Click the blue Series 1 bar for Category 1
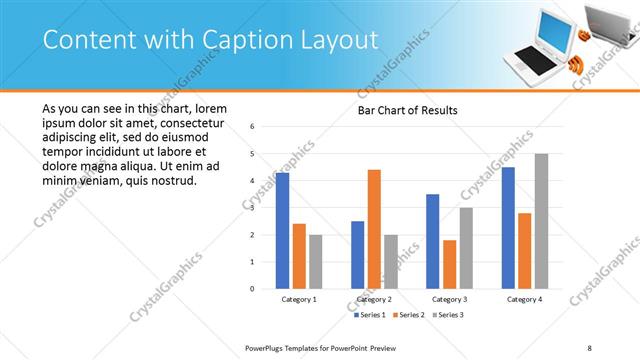point(283,231)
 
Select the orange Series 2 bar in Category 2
point(374,229)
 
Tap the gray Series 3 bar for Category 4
point(541,221)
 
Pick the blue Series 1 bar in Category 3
point(432,241)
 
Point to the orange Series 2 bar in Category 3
point(449,264)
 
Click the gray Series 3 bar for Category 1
point(316,261)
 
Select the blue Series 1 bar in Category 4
point(508,228)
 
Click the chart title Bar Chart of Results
point(408,110)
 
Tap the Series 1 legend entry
point(371,315)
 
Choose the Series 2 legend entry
point(409,315)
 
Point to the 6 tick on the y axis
point(253,127)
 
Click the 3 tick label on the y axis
point(253,208)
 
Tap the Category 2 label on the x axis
point(374,299)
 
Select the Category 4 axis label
point(524,299)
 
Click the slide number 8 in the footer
point(589,347)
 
